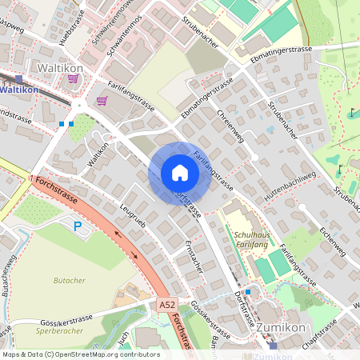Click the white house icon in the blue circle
[x=180, y=173]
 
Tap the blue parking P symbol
[x=78, y=227]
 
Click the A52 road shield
[x=166, y=306]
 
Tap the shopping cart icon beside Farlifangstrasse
[x=102, y=101]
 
